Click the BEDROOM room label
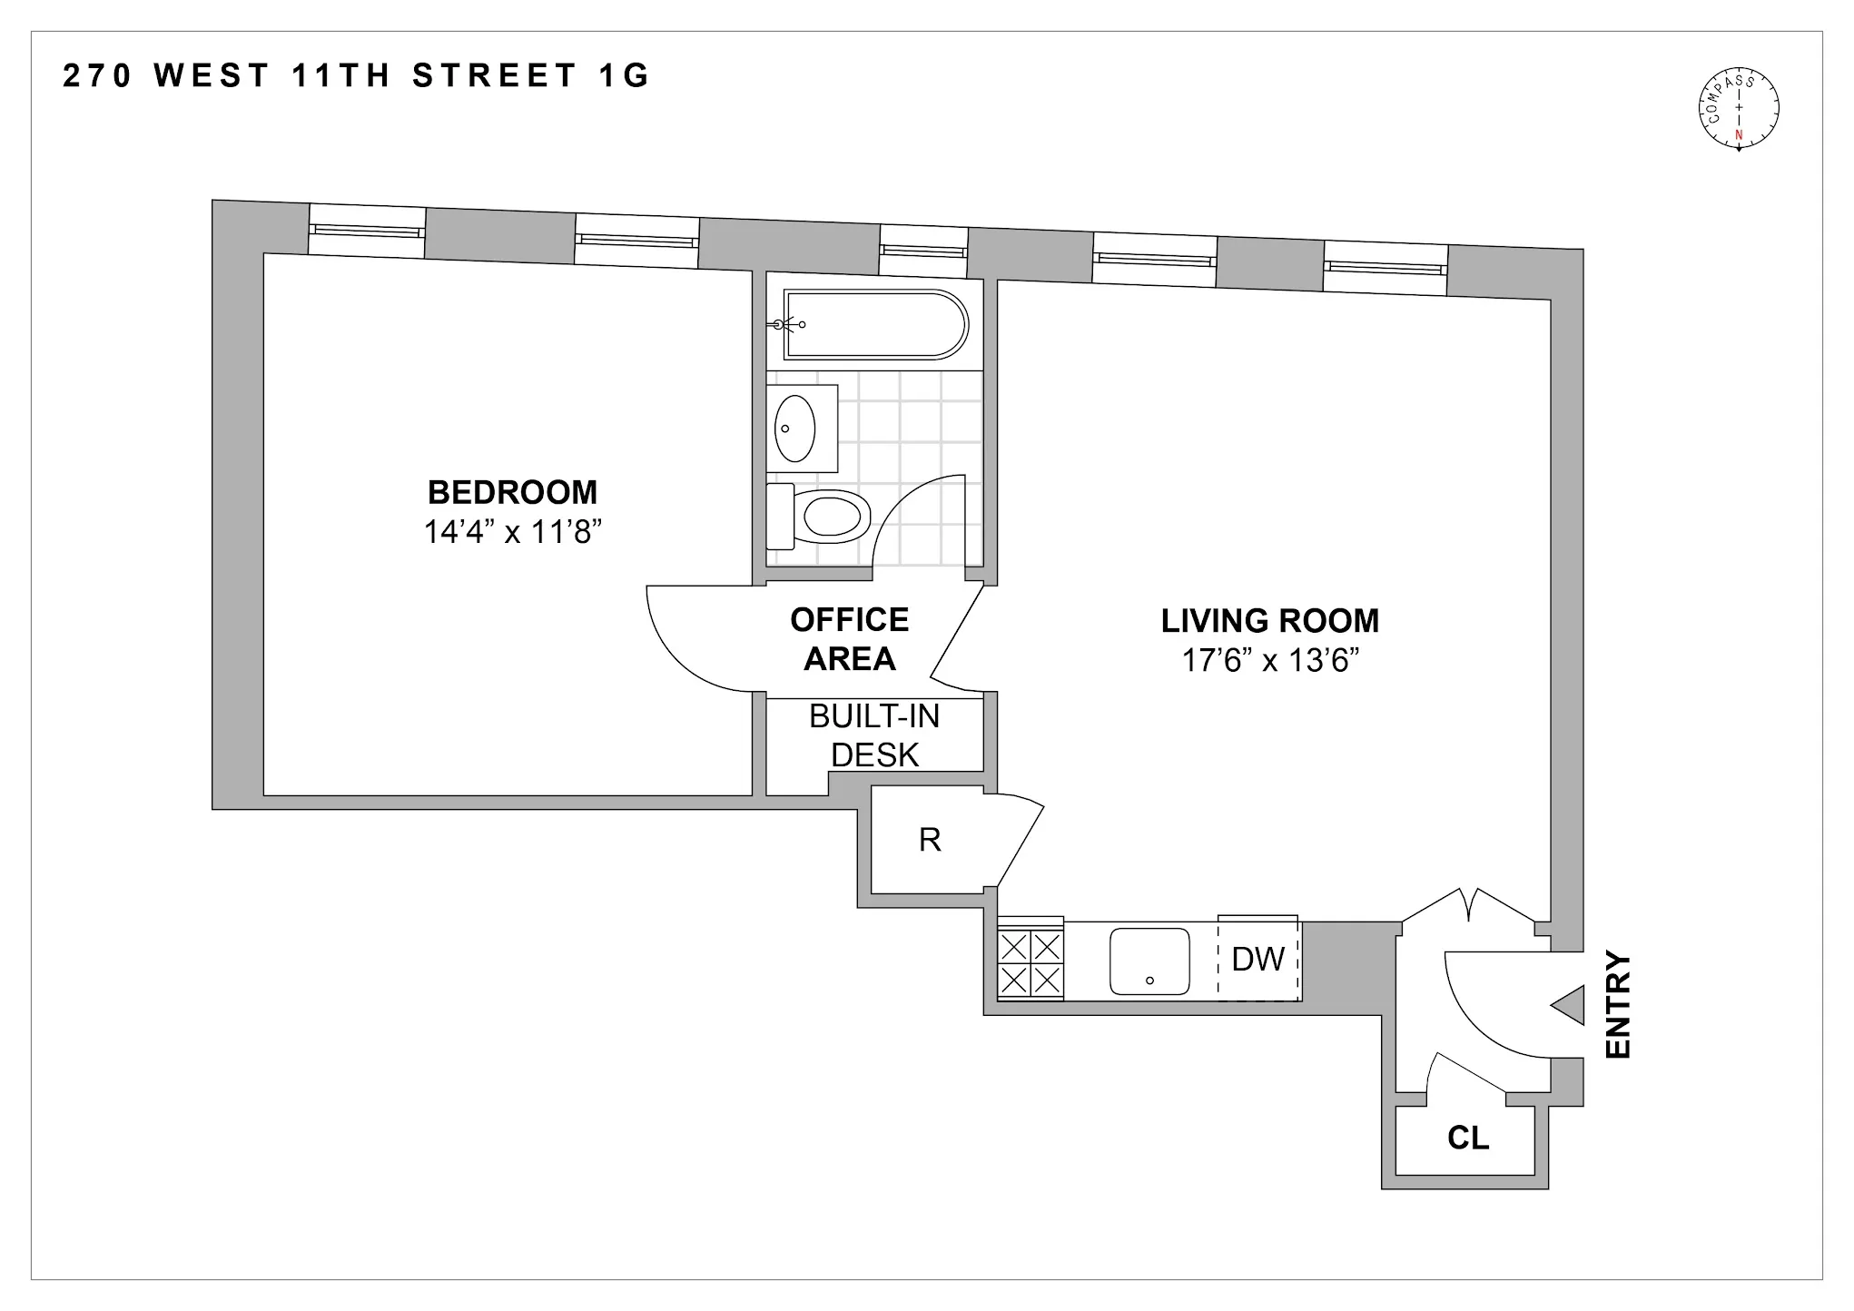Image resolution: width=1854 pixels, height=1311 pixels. click(512, 493)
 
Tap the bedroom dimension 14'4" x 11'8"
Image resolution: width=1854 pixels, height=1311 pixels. click(513, 532)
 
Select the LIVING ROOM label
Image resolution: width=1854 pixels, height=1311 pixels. click(1269, 621)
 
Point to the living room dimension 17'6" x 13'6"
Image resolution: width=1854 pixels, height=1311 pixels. click(1269, 661)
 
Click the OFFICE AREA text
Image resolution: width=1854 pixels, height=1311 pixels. click(849, 639)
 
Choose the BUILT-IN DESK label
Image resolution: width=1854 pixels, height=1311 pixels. click(874, 735)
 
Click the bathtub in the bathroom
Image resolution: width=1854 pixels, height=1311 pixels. click(875, 325)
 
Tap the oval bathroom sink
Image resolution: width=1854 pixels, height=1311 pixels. click(795, 429)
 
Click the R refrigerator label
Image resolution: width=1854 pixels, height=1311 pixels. click(929, 841)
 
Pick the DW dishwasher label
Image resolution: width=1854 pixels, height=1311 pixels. click(1257, 960)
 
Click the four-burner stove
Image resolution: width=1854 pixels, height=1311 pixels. click(1030, 962)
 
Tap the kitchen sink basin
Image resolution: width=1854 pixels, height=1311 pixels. click(1149, 961)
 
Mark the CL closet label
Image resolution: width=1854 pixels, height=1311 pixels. click(1467, 1138)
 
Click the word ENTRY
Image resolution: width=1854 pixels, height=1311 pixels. click(1619, 1005)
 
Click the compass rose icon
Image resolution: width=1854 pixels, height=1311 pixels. click(1738, 109)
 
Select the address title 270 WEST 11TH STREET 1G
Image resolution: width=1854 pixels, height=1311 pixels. click(356, 76)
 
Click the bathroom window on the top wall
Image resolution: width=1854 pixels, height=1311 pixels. click(922, 251)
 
